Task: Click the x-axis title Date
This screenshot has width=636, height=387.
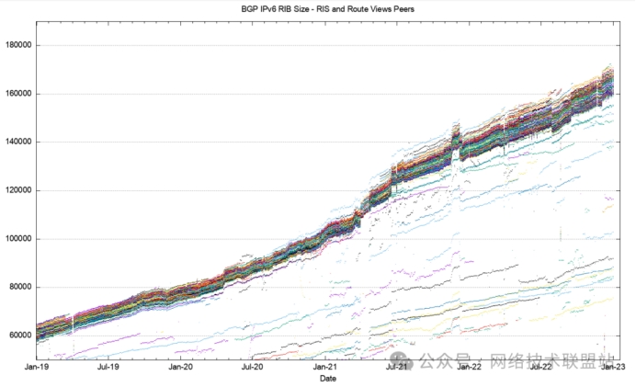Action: click(x=327, y=378)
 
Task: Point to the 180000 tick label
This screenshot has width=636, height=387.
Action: click(x=17, y=45)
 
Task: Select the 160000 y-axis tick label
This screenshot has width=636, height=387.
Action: click(x=17, y=94)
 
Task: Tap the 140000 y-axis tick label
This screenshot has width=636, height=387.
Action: click(x=17, y=142)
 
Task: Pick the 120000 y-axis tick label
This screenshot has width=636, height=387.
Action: click(x=17, y=190)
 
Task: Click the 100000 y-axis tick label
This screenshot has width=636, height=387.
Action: click(x=17, y=238)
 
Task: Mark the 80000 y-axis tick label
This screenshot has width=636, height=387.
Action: click(x=19, y=287)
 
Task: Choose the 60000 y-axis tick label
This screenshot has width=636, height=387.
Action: click(x=19, y=335)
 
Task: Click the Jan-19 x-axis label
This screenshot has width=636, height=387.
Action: click(x=37, y=367)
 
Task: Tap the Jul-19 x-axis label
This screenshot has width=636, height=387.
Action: click(x=108, y=367)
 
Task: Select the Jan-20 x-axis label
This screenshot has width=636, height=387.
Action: click(x=181, y=367)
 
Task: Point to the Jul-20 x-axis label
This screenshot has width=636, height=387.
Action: click(x=253, y=367)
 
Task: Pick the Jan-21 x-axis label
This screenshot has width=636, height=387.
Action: click(x=325, y=367)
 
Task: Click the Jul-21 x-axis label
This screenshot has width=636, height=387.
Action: click(x=397, y=367)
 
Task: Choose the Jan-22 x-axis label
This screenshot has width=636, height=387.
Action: click(x=470, y=367)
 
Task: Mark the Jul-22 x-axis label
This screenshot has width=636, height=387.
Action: click(x=541, y=367)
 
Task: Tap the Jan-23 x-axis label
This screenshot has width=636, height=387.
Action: click(x=614, y=367)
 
